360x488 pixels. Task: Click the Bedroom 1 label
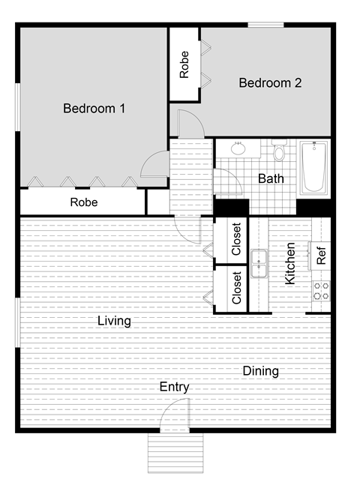point(94,109)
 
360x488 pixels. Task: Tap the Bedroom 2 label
point(270,83)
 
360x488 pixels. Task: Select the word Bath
point(271,178)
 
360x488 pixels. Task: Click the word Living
point(114,322)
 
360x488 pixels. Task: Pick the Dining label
point(260,371)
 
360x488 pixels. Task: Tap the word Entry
point(174,388)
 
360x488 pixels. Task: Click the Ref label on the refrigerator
point(321,256)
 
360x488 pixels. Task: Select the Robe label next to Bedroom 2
point(184,64)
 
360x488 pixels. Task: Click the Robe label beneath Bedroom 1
point(84,202)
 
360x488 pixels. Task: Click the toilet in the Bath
point(279,152)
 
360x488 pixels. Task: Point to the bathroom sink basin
point(239,148)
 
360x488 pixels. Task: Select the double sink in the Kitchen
point(259,264)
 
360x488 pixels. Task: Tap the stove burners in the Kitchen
point(321,291)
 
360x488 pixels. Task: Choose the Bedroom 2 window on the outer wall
point(266,25)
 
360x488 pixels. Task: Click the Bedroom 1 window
point(17,105)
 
